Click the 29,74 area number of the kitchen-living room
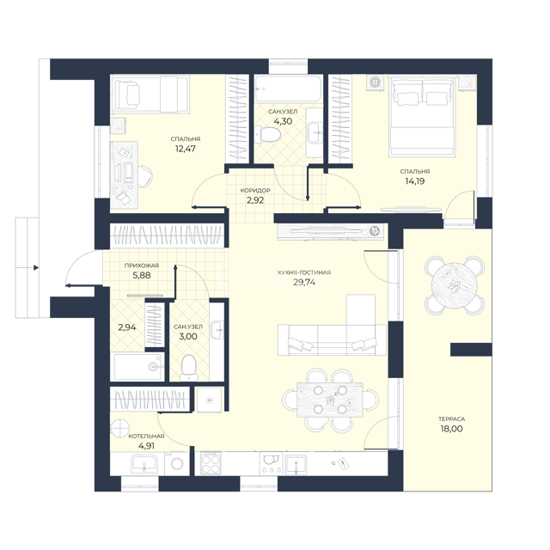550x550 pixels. (x=304, y=283)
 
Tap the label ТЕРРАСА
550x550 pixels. (x=451, y=419)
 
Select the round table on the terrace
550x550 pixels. (x=455, y=284)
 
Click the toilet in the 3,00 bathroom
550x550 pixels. (x=189, y=367)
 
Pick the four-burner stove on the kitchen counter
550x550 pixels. (x=211, y=462)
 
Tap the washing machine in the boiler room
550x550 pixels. (x=176, y=463)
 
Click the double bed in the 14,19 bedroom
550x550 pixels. (x=422, y=116)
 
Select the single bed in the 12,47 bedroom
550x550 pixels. (x=150, y=94)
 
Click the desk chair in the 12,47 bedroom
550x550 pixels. (x=144, y=175)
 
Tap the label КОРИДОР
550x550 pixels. (x=255, y=191)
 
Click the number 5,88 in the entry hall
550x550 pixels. (x=142, y=275)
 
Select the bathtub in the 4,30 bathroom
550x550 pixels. (x=288, y=89)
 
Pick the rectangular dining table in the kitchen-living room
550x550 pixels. (x=330, y=400)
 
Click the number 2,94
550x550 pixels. (x=127, y=327)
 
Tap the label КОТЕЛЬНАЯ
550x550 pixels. (x=146, y=437)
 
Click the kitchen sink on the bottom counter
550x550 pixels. (x=296, y=464)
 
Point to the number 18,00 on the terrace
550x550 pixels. (x=451, y=429)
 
